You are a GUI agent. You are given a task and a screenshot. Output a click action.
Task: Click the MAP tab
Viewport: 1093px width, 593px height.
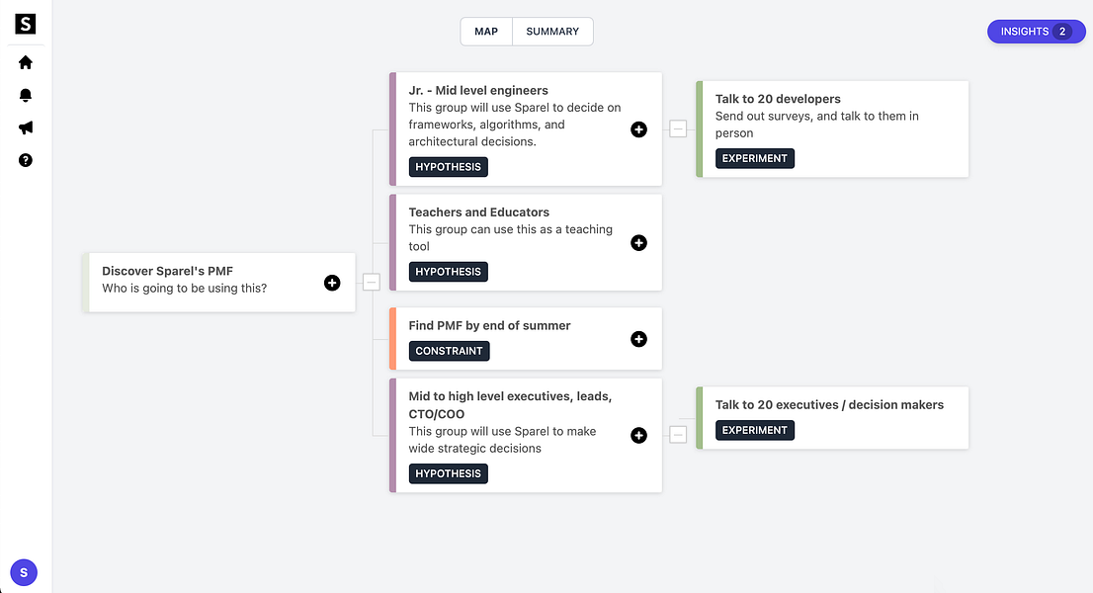(x=486, y=32)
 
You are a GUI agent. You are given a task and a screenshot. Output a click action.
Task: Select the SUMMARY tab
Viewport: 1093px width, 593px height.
(x=552, y=32)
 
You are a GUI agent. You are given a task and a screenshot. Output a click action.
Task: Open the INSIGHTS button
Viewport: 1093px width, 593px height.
(x=1036, y=32)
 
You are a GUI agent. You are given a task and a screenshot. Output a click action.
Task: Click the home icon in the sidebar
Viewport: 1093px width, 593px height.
(x=25, y=62)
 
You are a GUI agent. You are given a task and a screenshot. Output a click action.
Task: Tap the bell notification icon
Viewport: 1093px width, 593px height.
(x=25, y=96)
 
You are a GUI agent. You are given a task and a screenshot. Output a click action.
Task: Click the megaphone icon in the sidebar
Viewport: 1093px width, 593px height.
(x=25, y=127)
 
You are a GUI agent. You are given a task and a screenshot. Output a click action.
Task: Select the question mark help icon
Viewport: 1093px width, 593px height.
(x=25, y=160)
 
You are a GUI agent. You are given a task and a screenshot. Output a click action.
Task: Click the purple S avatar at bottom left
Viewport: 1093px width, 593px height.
(x=24, y=573)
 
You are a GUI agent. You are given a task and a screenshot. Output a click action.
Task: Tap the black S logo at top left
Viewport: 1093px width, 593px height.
(x=25, y=24)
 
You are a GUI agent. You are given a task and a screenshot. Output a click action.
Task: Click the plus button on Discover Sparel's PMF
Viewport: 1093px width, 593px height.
(x=332, y=283)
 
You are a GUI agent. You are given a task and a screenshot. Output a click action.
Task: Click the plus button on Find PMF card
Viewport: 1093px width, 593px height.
(x=638, y=339)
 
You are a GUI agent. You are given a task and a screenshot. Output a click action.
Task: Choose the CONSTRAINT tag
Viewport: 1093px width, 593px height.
(x=449, y=351)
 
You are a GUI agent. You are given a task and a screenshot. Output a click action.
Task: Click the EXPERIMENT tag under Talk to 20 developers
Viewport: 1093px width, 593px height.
(x=755, y=158)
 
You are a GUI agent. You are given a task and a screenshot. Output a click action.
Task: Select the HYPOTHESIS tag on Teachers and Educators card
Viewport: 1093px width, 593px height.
(x=449, y=272)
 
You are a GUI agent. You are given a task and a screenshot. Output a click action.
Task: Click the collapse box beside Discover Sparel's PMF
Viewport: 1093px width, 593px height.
(x=372, y=283)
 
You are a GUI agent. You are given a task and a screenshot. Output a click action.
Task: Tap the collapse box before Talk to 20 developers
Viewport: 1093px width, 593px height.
(x=678, y=128)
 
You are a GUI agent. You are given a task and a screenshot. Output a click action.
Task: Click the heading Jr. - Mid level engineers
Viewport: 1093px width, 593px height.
(x=478, y=91)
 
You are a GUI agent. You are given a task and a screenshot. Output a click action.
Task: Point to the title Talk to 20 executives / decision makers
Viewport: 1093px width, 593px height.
(x=829, y=405)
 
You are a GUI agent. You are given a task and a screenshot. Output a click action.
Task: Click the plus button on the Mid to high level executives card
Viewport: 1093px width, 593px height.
(x=638, y=436)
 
